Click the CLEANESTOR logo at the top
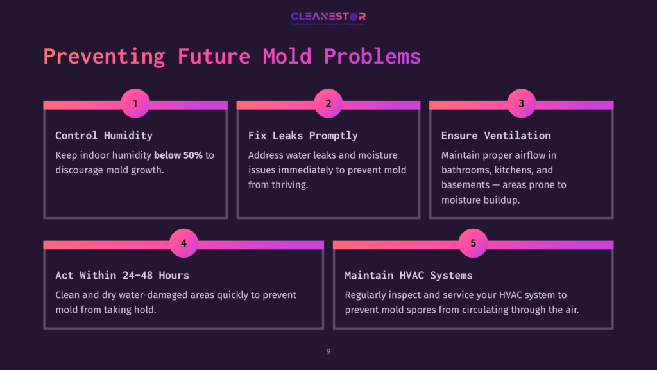click(328, 17)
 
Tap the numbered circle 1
click(135, 103)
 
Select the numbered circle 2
click(328, 103)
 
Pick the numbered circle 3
click(521, 103)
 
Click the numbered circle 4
click(183, 243)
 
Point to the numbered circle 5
click(474, 243)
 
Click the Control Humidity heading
click(104, 136)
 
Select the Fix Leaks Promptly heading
click(303, 136)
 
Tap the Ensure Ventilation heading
click(496, 136)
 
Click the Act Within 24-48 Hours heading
click(122, 275)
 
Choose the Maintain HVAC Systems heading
click(408, 275)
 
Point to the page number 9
click(328, 351)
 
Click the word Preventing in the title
click(104, 56)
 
